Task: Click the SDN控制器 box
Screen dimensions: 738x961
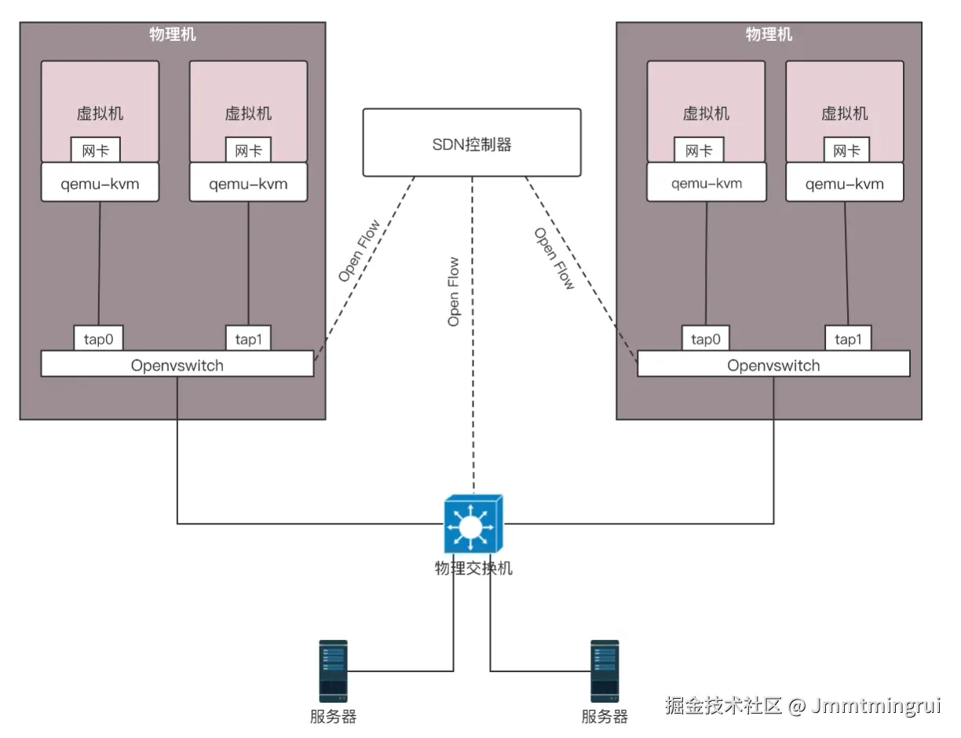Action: (x=471, y=143)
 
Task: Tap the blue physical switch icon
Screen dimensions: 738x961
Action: (x=472, y=524)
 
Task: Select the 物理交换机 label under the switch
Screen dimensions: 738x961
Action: (x=473, y=568)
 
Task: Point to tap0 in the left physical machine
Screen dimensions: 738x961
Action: (x=99, y=338)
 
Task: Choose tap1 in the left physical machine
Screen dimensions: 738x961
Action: (x=249, y=338)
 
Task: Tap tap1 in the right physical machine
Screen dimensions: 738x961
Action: (x=847, y=338)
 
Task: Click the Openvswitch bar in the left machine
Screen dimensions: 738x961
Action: (x=177, y=364)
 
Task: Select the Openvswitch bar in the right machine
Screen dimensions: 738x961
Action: (x=773, y=364)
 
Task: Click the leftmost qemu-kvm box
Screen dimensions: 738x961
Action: (x=100, y=183)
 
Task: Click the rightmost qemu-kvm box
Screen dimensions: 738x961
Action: (x=845, y=183)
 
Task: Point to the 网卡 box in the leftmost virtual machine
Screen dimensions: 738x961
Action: (x=96, y=150)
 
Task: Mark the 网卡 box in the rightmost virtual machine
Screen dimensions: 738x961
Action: (x=846, y=150)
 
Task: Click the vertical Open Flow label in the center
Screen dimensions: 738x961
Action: (x=454, y=291)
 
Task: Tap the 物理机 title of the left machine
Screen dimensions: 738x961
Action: (x=173, y=35)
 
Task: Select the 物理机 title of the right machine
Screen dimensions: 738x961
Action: (x=769, y=35)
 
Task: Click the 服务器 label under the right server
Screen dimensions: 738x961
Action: (x=604, y=716)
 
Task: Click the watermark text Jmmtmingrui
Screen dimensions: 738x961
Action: (x=875, y=705)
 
